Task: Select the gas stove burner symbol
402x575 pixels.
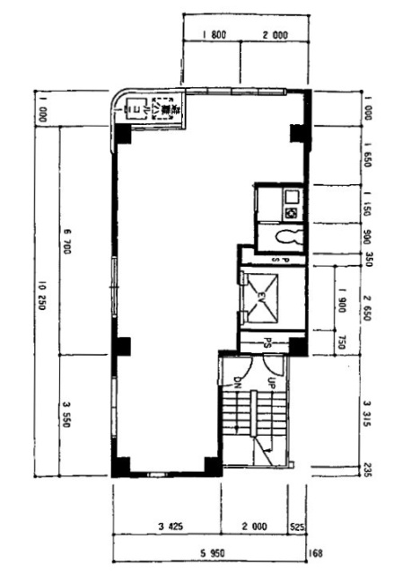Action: (x=292, y=212)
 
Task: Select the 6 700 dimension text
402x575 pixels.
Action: (x=67, y=241)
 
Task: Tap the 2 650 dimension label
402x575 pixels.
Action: (x=369, y=312)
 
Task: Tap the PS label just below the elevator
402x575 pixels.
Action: (x=268, y=341)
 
